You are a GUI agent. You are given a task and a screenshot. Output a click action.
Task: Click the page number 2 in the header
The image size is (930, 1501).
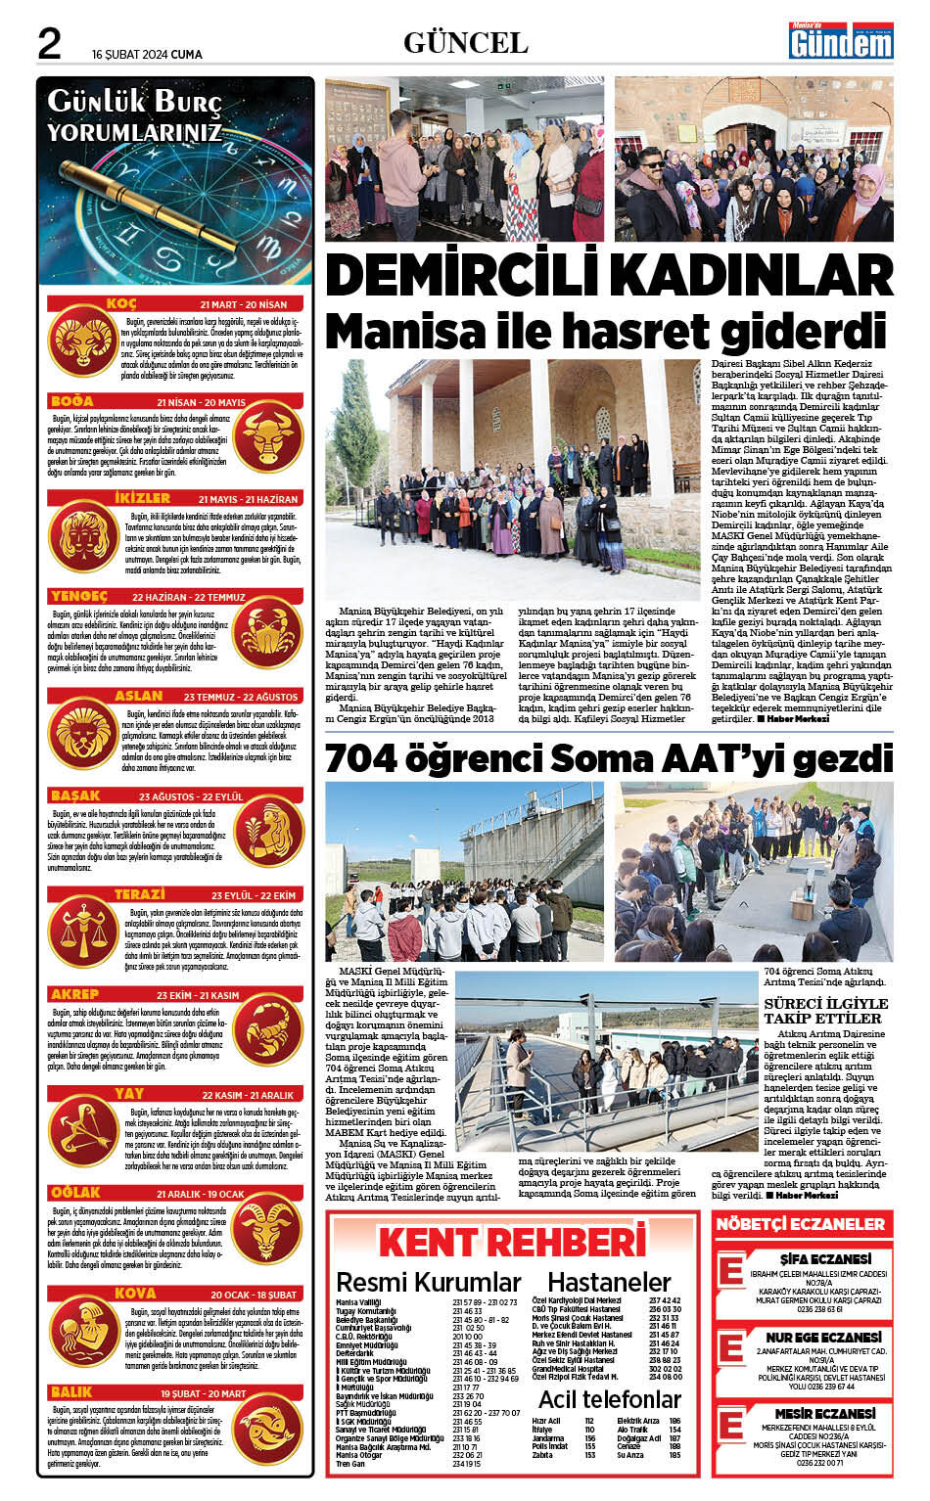(50, 43)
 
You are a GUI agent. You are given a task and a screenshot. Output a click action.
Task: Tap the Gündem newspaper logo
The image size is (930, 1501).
(842, 40)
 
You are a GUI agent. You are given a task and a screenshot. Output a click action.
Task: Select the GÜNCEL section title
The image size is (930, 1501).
(465, 43)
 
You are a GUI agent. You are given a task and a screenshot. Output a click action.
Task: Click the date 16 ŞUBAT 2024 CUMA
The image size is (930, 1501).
(147, 55)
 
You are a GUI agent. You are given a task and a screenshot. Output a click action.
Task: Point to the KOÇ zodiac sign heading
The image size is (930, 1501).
(121, 304)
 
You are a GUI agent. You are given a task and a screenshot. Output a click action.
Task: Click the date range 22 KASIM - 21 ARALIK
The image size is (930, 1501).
(248, 1095)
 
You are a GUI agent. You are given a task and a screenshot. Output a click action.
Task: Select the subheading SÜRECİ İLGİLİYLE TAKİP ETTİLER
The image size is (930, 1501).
(826, 1011)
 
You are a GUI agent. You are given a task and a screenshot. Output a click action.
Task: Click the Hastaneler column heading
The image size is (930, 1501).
(608, 1282)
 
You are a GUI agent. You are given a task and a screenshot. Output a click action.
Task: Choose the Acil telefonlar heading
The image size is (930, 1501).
(609, 1398)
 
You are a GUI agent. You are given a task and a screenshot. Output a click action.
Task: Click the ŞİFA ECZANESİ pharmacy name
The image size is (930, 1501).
(825, 1258)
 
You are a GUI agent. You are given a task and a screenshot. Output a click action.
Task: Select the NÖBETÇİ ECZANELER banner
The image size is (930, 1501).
(801, 1224)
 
